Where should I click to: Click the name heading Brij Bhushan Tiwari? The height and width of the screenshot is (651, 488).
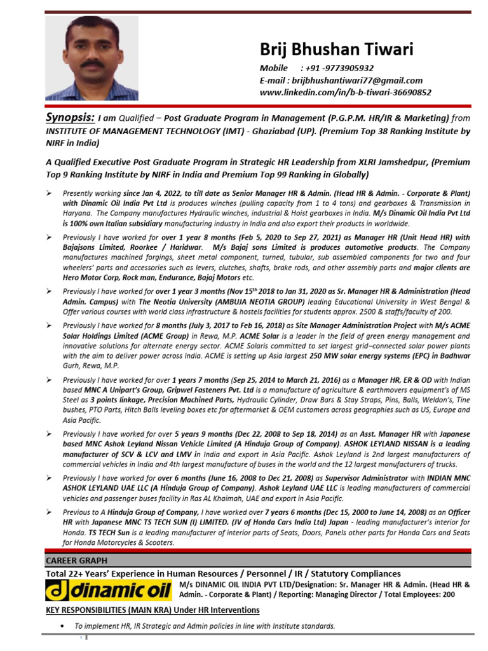point(336,49)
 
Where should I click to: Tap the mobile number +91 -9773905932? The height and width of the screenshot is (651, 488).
point(339,68)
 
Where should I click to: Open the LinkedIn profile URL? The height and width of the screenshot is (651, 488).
point(345,92)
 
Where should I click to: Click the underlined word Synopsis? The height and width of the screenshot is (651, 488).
point(70,118)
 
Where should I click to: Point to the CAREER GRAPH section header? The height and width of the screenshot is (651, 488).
point(76,560)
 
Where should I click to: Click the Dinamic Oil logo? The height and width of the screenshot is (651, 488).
point(109,591)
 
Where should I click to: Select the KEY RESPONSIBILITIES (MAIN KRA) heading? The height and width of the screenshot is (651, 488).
point(152,610)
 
